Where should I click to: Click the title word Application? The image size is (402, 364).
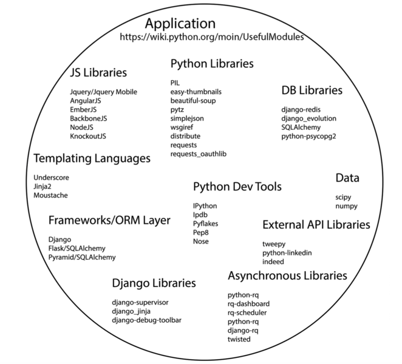pyautogui.click(x=180, y=24)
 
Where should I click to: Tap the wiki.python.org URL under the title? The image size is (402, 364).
pyautogui.click(x=212, y=37)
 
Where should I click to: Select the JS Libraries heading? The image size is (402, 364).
pyautogui.click(x=98, y=73)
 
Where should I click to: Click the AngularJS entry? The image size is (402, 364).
pyautogui.click(x=89, y=101)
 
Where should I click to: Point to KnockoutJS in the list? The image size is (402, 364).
pyautogui.click(x=92, y=136)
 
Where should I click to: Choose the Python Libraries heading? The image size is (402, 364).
pyautogui.click(x=212, y=64)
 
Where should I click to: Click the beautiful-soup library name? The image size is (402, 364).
pyautogui.click(x=193, y=100)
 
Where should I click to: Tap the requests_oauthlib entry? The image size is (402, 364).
pyautogui.click(x=199, y=155)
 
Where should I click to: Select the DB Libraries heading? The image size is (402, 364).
pyautogui.click(x=312, y=90)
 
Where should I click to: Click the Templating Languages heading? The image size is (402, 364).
pyautogui.click(x=92, y=158)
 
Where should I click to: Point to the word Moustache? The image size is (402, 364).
pyautogui.click(x=51, y=195)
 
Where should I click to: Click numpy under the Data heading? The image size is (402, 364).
pyautogui.click(x=347, y=206)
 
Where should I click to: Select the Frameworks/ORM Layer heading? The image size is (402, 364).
pyautogui.click(x=109, y=220)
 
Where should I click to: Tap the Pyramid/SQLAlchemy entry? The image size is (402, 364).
pyautogui.click(x=82, y=257)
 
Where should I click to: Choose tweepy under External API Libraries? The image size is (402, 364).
pyautogui.click(x=274, y=244)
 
